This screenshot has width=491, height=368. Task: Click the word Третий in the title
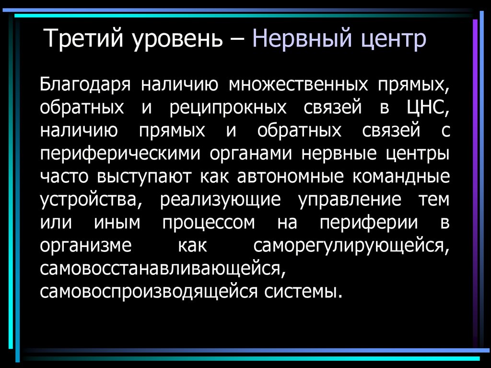coord(82,39)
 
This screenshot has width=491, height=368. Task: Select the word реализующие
coord(221,200)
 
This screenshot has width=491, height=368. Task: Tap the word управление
coord(350,200)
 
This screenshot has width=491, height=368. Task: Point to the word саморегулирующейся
coord(351,246)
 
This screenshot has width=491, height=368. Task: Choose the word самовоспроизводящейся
coord(150,292)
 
